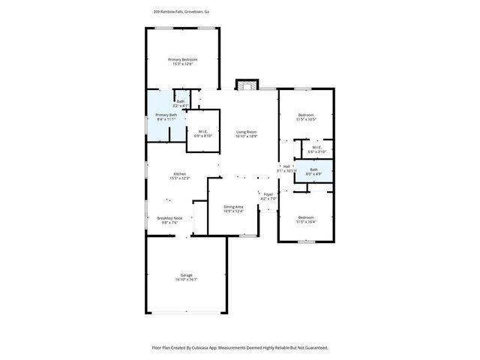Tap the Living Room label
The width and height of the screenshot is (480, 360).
pos(247,132)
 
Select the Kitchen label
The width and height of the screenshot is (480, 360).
pos(180,173)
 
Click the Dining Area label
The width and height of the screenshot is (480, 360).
pos(233,206)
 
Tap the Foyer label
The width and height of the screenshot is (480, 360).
pos(268,194)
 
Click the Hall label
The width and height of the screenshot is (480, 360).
pos(286,166)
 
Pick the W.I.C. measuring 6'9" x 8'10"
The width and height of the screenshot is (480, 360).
pos(203,131)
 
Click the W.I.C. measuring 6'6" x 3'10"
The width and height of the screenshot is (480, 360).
pos(317,147)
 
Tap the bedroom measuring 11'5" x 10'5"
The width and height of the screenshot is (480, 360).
pos(306,115)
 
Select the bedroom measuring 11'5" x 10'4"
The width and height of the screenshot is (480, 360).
pos(306,217)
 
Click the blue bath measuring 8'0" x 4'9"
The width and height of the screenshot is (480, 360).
pos(313,170)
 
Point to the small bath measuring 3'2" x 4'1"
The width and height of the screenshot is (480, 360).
pos(180,101)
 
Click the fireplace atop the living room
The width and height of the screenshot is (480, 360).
pos(246,84)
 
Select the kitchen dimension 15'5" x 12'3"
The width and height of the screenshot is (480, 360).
pos(180,178)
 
